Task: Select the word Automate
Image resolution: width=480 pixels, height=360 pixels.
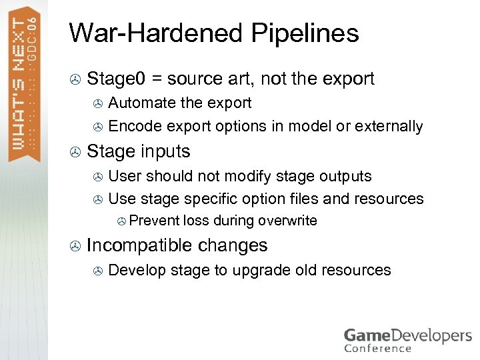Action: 139,103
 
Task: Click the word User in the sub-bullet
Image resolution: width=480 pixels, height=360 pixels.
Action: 125,176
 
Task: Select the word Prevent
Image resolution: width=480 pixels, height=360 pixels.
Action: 150,221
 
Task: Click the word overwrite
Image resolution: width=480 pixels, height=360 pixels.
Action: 287,221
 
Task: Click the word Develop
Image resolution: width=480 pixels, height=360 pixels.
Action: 137,270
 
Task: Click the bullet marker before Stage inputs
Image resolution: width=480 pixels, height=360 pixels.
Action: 75,153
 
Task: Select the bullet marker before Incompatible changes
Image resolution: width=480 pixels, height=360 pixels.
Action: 75,246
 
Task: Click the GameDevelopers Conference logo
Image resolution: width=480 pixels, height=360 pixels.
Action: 407,339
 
